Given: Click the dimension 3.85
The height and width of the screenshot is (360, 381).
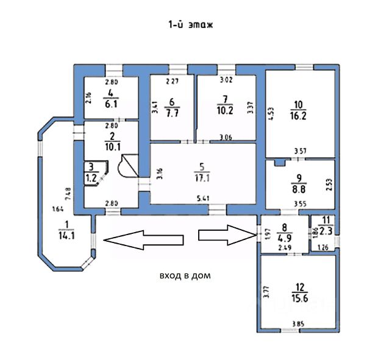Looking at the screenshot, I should (x=297, y=323).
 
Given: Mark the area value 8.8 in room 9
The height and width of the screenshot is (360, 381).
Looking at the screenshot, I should (x=299, y=189).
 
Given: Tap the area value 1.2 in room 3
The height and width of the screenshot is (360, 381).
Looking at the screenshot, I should (x=91, y=178).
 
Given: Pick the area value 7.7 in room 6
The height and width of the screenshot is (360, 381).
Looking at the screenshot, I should (x=171, y=113).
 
